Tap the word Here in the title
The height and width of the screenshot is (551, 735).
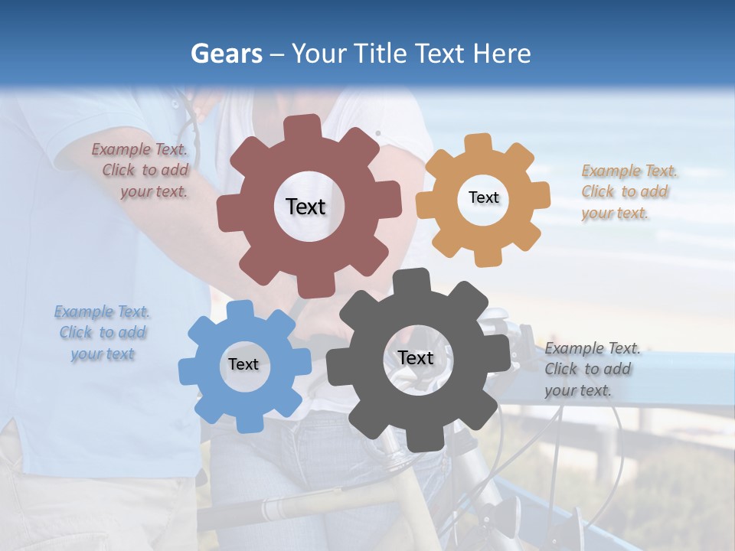501,54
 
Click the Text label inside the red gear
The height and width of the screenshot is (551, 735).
305,207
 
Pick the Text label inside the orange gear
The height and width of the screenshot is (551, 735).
483,197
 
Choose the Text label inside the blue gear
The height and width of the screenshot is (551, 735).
243,364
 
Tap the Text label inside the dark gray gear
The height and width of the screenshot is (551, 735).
415,357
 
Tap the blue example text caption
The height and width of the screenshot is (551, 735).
103,333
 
